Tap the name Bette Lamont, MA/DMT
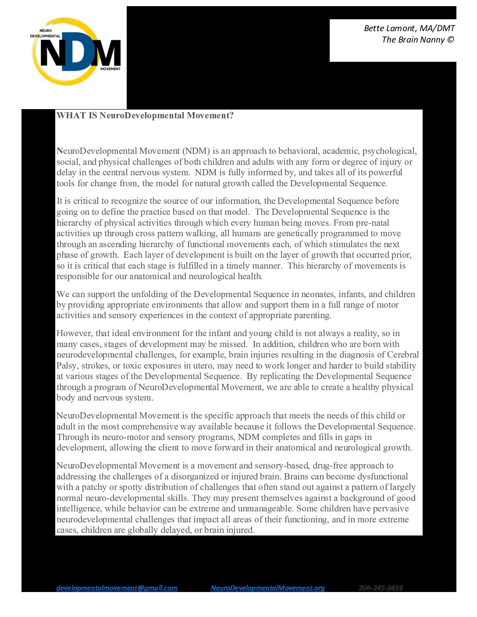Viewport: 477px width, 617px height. click(409, 28)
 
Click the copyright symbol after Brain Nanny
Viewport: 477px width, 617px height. click(450, 40)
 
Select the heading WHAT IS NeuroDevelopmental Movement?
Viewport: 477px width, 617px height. click(145, 116)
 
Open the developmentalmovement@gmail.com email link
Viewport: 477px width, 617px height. click(117, 588)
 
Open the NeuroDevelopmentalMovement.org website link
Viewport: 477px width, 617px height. click(267, 588)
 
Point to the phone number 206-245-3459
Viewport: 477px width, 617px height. click(381, 588)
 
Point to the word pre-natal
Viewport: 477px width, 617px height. click(371, 223)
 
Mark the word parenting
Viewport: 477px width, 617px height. click(311, 316)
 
